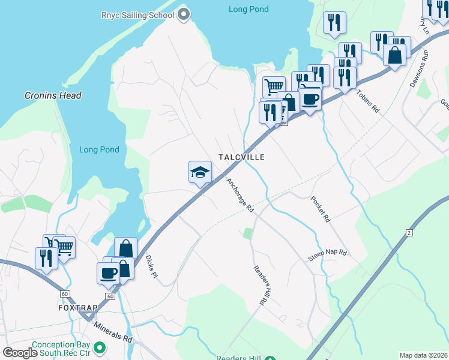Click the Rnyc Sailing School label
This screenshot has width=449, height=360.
pyautogui.click(x=138, y=14)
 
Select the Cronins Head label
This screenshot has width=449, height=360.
pyautogui.click(x=53, y=95)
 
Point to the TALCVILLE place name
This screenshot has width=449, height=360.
pyautogui.click(x=241, y=157)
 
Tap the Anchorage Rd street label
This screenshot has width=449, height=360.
pyautogui.click(x=240, y=196)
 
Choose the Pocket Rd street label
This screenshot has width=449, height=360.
pyautogui.click(x=321, y=209)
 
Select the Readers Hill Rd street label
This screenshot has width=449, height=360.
pyautogui.click(x=259, y=285)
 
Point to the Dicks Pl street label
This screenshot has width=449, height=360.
pyautogui.click(x=151, y=266)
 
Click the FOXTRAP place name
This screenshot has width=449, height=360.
pyautogui.click(x=77, y=307)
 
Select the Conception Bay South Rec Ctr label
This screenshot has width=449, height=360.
pyautogui.click(x=61, y=349)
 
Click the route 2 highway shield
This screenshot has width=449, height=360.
pyautogui.click(x=409, y=232)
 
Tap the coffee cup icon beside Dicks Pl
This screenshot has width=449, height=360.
pyautogui.click(x=109, y=273)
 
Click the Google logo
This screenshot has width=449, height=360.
pyautogui.click(x=20, y=353)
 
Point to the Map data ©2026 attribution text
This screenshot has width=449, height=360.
pyautogui.click(x=423, y=355)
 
